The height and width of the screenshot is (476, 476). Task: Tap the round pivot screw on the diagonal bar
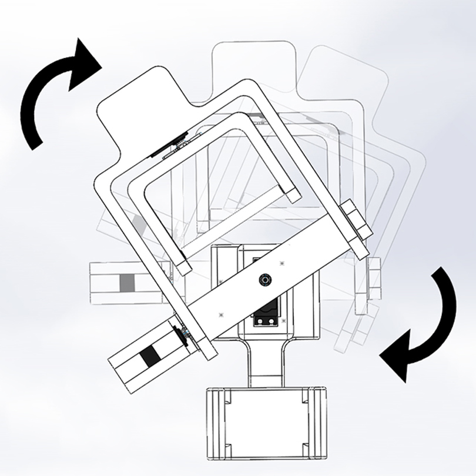pyautogui.click(x=266, y=280)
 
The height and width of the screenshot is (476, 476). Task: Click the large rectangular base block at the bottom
pyautogui.click(x=266, y=421)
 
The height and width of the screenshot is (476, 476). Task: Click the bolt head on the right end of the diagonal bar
pyautogui.click(x=354, y=222)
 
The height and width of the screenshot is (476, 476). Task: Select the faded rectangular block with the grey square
pyautogui.click(x=125, y=283)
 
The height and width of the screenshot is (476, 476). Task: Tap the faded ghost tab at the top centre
pyautogui.click(x=250, y=65)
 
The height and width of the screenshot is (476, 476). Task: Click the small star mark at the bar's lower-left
pyautogui.click(x=221, y=314)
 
